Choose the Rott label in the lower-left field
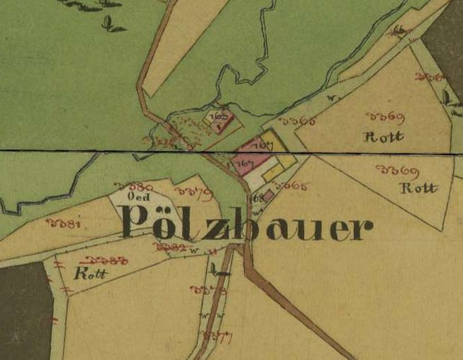(89, 274)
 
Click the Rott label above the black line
(383, 136)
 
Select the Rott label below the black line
(418, 189)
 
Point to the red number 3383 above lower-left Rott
(106, 261)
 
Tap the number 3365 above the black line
(298, 120)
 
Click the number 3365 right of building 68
(291, 186)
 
